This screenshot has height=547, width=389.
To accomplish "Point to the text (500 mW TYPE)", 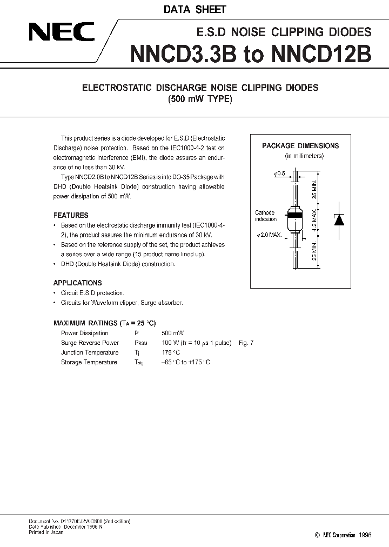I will coord(199,99).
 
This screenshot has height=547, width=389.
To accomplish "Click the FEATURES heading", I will coord(71,215).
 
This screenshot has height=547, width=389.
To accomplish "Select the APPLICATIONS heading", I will coord(77,283).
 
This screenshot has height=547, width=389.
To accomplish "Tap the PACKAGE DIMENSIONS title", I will coord(300,146).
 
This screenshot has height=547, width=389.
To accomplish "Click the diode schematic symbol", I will coord(339,219).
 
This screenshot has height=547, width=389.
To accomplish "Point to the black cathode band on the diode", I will coord(295,215).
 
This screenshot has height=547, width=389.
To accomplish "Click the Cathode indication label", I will coord(265,216).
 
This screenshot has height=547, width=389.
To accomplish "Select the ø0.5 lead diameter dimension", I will coord(279,174).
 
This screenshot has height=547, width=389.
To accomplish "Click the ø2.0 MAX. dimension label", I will coord(269,235).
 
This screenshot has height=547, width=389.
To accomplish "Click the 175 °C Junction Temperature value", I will coord(171,352).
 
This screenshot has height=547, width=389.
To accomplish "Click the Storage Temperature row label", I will coord(89,362).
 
